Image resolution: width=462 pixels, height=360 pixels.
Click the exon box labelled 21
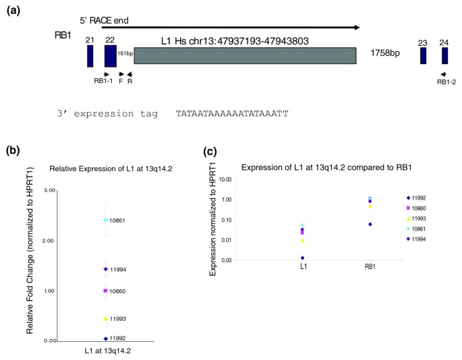90,56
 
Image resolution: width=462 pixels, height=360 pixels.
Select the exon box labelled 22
110,56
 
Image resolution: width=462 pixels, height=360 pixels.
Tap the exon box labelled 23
423,56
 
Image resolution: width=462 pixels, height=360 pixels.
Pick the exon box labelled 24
444,56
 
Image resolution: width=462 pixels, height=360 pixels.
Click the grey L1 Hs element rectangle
246,56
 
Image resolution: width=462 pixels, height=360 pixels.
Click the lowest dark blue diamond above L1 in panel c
303,258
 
